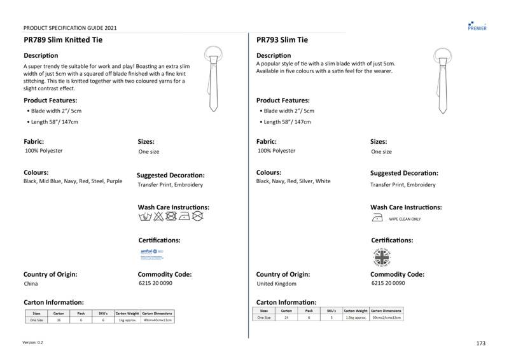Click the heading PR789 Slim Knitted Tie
pos(63,39)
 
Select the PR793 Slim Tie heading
pos(282,39)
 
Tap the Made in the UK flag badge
pos(381,257)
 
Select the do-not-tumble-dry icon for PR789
pos(171,216)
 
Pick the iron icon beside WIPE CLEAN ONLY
pos(377,218)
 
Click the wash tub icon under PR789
pos(144,216)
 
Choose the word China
pos(31,284)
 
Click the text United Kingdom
pos(276,284)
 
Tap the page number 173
pos(480,343)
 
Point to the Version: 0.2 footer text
pos(33,343)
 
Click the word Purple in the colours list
pos(115,181)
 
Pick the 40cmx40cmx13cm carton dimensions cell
pos(157,320)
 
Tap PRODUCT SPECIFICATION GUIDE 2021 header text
pos(70,28)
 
